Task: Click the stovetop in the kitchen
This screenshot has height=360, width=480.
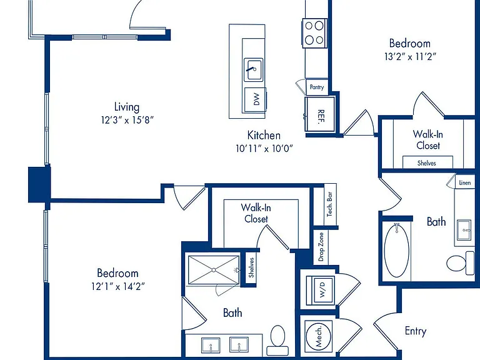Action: (x=315, y=33)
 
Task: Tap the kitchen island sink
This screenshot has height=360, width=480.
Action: (x=253, y=70)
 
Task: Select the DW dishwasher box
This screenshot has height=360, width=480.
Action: (x=255, y=99)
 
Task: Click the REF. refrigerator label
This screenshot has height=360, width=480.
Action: (x=321, y=116)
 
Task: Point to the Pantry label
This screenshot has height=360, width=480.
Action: (x=316, y=87)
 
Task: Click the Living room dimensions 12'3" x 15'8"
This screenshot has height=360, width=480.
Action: (x=127, y=120)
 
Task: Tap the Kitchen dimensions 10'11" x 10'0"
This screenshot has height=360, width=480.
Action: (x=264, y=149)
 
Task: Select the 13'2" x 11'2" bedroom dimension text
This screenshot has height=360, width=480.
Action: (x=410, y=57)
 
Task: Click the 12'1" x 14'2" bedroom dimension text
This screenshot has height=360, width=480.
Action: (x=118, y=286)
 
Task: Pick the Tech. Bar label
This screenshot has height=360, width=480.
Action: (x=330, y=204)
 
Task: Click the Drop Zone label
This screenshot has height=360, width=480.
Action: (x=321, y=247)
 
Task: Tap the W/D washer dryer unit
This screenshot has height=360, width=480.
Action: (x=321, y=289)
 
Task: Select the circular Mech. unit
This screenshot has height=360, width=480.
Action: (x=318, y=336)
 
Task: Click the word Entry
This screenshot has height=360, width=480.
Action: (x=416, y=331)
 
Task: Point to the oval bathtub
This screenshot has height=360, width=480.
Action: (x=396, y=250)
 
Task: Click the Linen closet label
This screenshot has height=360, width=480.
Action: (x=465, y=182)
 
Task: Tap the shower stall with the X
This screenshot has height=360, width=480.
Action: (x=214, y=270)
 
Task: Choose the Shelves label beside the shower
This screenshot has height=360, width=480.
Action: (x=251, y=267)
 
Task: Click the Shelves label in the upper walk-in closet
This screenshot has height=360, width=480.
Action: (x=427, y=163)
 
